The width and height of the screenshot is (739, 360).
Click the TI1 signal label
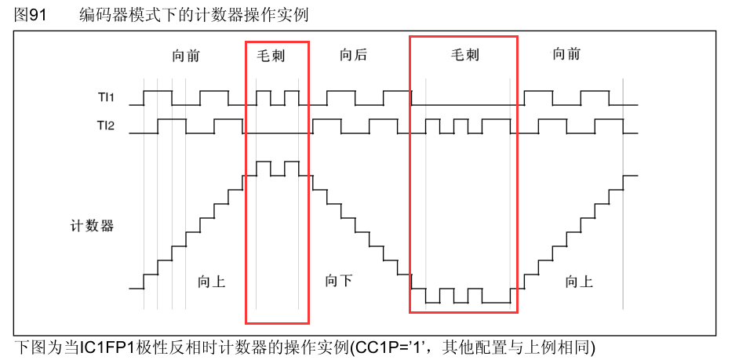tap(106, 98)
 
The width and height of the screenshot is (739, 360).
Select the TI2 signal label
tap(106, 125)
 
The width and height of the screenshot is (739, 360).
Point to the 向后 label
tap(353, 55)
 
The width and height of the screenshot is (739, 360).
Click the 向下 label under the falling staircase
tap(338, 280)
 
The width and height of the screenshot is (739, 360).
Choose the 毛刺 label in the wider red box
tap(464, 55)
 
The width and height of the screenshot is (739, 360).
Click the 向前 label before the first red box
tap(186, 55)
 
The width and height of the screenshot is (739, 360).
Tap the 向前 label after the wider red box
tap(566, 55)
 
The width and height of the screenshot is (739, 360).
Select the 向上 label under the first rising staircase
tap(212, 281)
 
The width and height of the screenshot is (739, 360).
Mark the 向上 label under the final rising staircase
tap(579, 281)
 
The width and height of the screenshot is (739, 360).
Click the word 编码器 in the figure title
tap(97, 14)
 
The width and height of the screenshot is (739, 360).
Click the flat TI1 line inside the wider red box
tap(464, 105)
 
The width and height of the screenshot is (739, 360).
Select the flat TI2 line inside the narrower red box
tap(277, 133)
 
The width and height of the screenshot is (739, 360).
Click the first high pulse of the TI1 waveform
tap(157, 91)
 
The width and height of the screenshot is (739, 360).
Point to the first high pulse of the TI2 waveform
tap(172, 120)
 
